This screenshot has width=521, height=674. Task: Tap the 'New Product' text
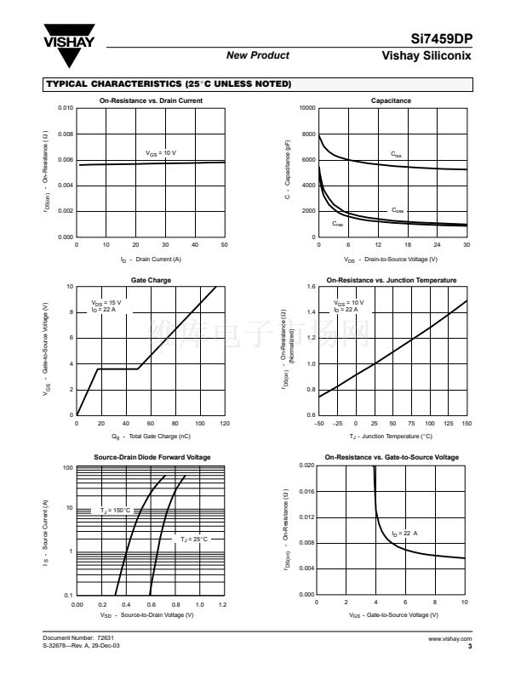click(258, 55)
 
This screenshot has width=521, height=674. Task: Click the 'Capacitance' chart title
click(391, 100)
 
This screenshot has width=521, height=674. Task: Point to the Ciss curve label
click(397, 154)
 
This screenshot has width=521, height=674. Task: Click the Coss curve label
click(398, 209)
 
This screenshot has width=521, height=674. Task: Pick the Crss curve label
click(338, 224)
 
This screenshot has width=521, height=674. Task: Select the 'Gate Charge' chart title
click(150, 279)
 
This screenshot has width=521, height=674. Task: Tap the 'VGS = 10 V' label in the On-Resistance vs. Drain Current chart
click(161, 153)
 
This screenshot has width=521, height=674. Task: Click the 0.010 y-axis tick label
click(65, 109)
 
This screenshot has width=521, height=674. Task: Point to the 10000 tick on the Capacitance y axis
click(307, 109)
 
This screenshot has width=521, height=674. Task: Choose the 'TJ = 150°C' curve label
click(116, 510)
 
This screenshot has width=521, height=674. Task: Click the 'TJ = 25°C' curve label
click(193, 539)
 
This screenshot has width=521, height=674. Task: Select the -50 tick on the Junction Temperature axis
click(319, 422)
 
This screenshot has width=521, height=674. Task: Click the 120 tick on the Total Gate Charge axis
click(225, 422)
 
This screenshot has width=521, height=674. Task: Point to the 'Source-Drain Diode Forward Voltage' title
click(152, 458)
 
